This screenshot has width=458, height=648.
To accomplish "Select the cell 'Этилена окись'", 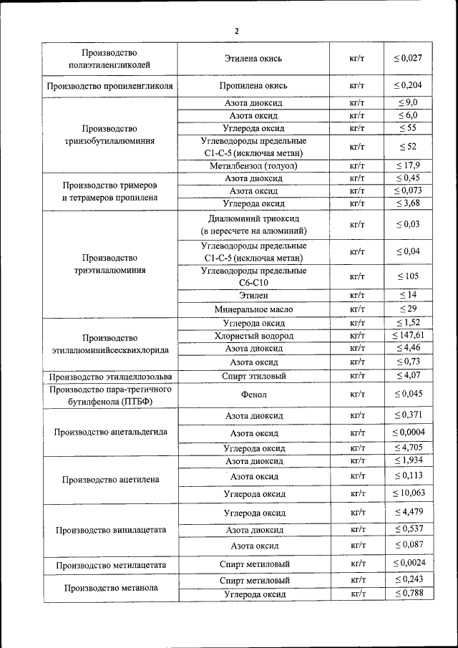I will (x=253, y=58).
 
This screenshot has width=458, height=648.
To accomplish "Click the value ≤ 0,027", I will (x=407, y=58).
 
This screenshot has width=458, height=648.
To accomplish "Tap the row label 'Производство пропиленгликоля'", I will (x=109, y=86).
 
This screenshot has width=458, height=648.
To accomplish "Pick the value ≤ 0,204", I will (x=407, y=86).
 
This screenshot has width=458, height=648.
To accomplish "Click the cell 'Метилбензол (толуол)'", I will (x=253, y=166).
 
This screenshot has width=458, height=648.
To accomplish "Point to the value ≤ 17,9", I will (x=407, y=166).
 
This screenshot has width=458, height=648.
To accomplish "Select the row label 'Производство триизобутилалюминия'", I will (x=109, y=135).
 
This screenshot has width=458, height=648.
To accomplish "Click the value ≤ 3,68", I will (x=407, y=204).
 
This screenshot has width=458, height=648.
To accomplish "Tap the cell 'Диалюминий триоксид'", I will (x=253, y=218).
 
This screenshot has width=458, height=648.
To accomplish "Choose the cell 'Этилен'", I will (x=253, y=295).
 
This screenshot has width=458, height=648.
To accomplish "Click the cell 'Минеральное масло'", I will (x=253, y=309).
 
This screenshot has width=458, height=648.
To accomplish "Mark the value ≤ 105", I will (x=407, y=276).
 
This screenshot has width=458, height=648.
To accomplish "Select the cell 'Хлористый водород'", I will (x=253, y=336).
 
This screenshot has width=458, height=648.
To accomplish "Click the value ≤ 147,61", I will (x=408, y=336).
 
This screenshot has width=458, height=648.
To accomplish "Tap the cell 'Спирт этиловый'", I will (x=253, y=376).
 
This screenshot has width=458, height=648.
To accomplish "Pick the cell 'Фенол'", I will (x=253, y=394).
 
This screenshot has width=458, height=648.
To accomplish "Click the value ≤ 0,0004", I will (x=407, y=433).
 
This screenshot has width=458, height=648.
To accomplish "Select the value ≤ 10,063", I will (x=408, y=493).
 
